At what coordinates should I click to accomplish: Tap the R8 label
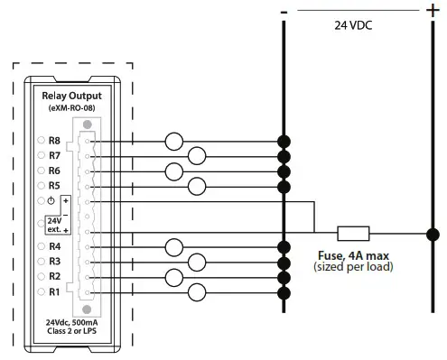pos(54,141)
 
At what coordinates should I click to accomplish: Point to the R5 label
pos(54,186)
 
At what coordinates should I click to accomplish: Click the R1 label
pos(54,291)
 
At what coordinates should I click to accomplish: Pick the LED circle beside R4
pos(41,246)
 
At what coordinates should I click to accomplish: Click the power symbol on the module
pos(54,200)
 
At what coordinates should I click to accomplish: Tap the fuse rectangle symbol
pos(352,233)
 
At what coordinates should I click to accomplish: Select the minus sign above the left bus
pos(284,10)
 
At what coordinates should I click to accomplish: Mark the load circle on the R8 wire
pos(174,141)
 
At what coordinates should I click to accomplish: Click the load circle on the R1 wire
pos(198,291)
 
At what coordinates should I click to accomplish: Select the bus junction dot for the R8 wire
pos(284,141)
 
